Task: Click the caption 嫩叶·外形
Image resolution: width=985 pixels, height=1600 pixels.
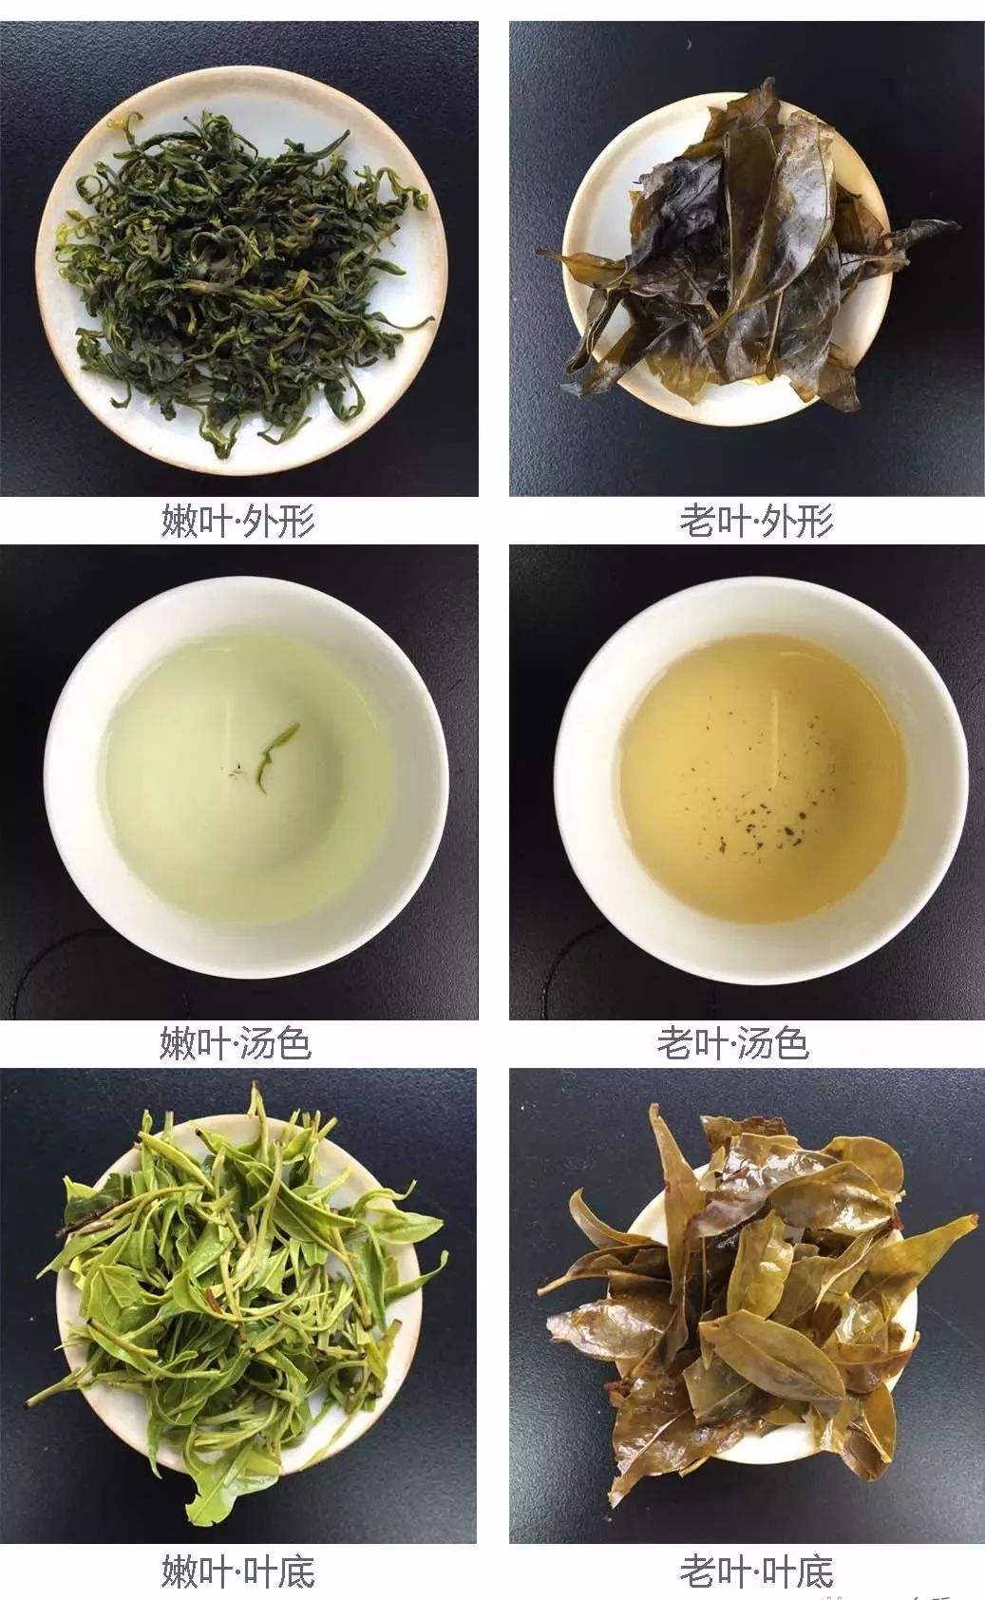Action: [237, 521]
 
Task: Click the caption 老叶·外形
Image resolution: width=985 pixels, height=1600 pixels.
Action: [756, 521]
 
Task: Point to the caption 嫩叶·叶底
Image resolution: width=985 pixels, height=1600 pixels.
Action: [237, 1571]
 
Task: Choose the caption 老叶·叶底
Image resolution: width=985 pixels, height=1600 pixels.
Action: [756, 1571]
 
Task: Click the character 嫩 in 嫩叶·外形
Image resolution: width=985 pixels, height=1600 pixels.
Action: [179, 521]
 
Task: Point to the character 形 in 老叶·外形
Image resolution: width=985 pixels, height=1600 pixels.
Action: [815, 521]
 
